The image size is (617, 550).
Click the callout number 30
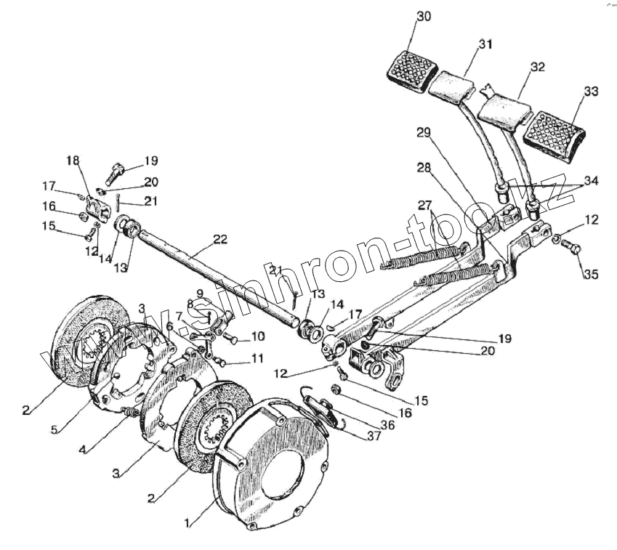tap(424, 17)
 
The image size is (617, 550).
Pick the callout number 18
tap(73, 160)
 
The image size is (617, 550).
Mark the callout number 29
tap(424, 132)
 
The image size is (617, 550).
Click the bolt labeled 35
tap(572, 248)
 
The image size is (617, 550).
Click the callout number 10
tap(257, 337)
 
